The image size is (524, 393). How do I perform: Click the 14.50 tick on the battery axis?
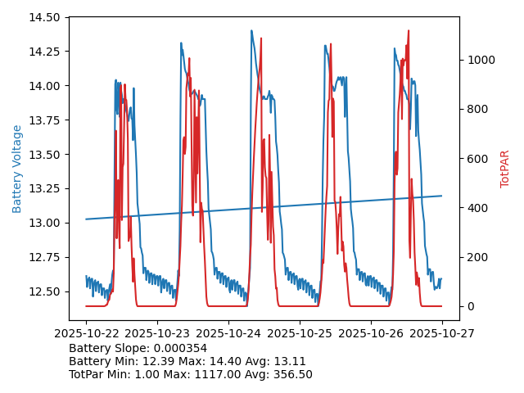(47, 17)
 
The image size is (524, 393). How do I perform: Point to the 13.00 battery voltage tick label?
(47, 223)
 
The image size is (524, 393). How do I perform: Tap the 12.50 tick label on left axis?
(47, 291)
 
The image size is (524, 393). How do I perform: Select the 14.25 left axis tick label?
(47, 52)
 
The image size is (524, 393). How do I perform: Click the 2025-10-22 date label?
(86, 333)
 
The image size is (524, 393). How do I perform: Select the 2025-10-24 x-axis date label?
(228, 333)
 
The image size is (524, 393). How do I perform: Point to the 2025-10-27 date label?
(442, 333)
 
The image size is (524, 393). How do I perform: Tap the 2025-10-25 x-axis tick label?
(300, 333)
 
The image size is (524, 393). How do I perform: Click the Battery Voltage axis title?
(17, 169)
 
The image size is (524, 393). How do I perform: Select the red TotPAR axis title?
(505, 169)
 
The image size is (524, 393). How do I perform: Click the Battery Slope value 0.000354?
(181, 348)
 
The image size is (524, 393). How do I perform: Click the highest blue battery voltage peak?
(251, 31)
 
